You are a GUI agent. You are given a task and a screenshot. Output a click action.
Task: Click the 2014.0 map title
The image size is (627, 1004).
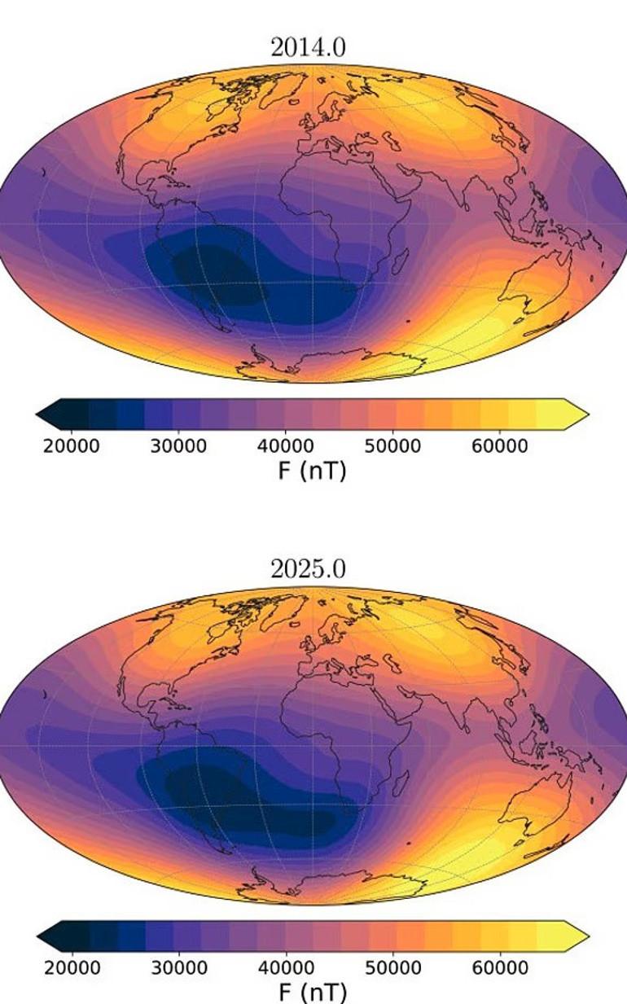tap(308, 48)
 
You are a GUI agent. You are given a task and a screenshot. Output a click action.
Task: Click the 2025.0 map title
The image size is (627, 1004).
tap(308, 569)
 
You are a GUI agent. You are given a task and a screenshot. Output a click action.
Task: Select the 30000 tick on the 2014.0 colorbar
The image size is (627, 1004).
tap(180, 446)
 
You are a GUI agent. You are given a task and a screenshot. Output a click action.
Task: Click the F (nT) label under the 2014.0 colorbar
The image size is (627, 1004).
tap(312, 470)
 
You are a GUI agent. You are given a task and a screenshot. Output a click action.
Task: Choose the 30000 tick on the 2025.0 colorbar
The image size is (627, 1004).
tap(180, 967)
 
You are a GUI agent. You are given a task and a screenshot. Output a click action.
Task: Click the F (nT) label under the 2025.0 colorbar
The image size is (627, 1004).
tap(312, 992)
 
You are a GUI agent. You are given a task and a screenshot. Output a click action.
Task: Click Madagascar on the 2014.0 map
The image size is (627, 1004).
tap(400, 262)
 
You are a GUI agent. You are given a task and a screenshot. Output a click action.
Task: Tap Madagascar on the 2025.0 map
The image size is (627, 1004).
tap(400, 783)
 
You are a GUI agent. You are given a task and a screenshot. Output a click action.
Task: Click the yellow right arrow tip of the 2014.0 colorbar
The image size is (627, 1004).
tap(581, 414)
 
